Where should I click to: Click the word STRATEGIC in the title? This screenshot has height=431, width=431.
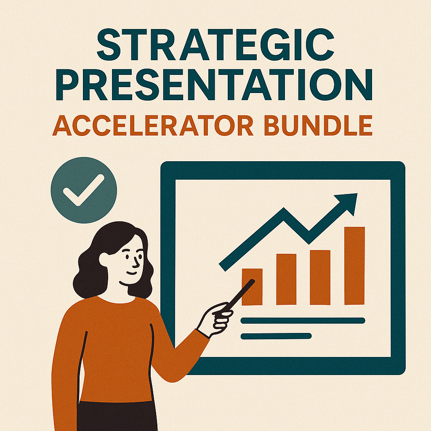215,44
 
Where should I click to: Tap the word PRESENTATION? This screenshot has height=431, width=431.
214,84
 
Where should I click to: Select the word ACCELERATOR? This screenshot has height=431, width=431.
152,125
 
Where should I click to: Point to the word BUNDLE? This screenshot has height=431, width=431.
318,125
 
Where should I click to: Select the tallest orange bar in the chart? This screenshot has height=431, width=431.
354,266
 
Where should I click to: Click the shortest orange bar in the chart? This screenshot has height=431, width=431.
252,287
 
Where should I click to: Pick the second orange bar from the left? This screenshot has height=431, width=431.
286,279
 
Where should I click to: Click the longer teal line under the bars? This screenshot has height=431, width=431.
303,320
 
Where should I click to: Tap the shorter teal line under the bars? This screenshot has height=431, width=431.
276,336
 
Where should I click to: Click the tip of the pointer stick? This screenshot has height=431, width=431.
253,281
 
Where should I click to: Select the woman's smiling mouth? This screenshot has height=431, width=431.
132,273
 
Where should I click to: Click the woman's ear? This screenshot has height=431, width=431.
104,259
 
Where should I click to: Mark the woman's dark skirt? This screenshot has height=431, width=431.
117,416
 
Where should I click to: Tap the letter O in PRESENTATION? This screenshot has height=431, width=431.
325,84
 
